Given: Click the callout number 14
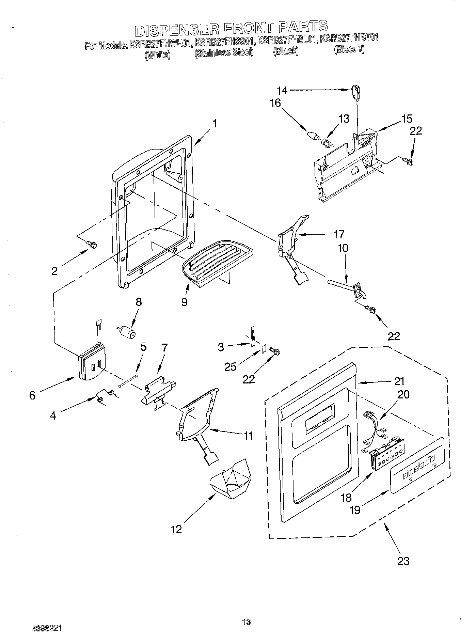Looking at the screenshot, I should pyautogui.click(x=282, y=91).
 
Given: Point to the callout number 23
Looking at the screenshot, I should pyautogui.click(x=403, y=561).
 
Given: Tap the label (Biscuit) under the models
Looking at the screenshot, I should pyautogui.click(x=349, y=50).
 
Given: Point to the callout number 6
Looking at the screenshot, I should pyautogui.click(x=32, y=395).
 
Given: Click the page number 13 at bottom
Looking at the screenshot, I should pyautogui.click(x=246, y=622).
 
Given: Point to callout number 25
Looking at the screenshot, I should pyautogui.click(x=230, y=366).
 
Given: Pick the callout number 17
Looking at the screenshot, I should pyautogui.click(x=339, y=234).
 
